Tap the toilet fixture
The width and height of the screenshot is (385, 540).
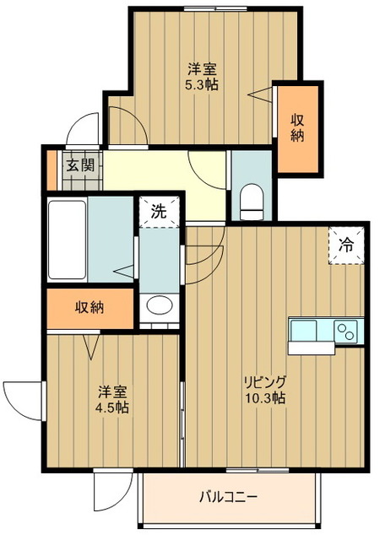(251, 200)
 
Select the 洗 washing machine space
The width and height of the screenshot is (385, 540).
(159, 212)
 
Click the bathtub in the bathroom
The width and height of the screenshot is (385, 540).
(68, 240)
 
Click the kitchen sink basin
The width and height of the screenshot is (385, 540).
(303, 329)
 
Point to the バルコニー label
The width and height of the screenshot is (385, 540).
(228, 497)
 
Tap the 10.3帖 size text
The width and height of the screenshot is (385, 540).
(263, 397)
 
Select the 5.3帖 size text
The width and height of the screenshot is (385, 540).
(203, 84)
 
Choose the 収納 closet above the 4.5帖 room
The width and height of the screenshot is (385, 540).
(89, 308)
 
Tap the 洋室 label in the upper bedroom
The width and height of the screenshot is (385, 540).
(203, 69)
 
